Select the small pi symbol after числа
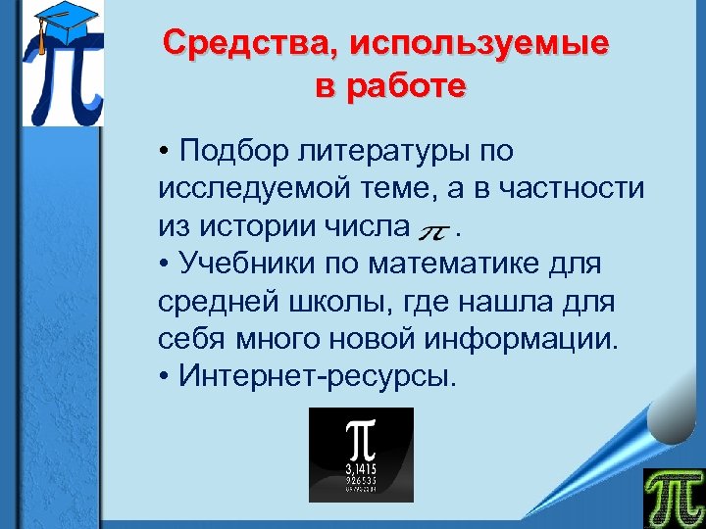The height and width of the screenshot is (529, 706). [433, 231]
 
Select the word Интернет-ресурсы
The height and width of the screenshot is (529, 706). [318, 377]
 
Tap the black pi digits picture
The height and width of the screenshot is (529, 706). [361, 455]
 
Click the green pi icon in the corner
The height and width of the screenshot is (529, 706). [673, 498]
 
